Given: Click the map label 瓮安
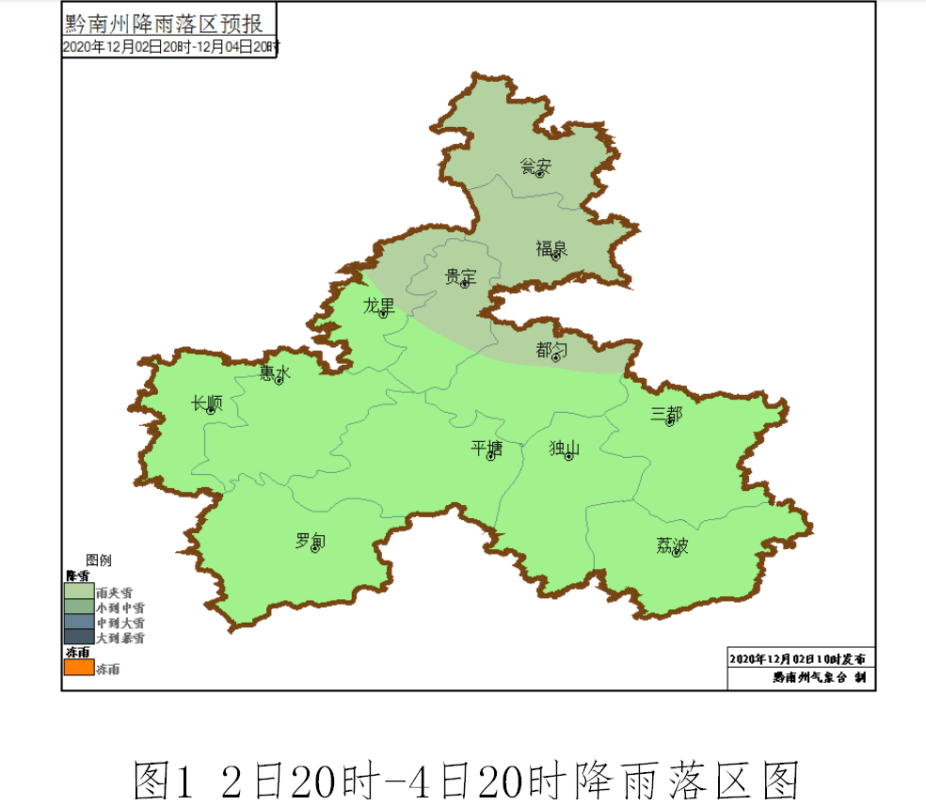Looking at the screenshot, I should [x=535, y=166].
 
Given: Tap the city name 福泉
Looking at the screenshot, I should [x=551, y=248].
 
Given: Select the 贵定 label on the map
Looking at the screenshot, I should [x=460, y=276].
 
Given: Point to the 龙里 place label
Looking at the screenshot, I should [x=379, y=306].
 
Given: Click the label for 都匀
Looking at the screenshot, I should [x=552, y=350].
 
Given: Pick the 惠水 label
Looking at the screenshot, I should [x=276, y=373].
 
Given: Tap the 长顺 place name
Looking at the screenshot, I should [x=207, y=403].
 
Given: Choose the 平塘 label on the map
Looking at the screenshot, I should [x=487, y=449].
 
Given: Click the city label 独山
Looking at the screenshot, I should [x=565, y=449].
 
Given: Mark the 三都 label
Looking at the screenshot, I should [x=666, y=414].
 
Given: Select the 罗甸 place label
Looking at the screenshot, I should [x=311, y=541].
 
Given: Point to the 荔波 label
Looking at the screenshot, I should [x=672, y=545].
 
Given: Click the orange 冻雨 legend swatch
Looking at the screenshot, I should [x=79, y=668].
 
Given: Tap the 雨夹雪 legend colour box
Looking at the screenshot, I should [x=79, y=592].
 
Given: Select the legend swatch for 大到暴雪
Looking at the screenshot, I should [x=79, y=638].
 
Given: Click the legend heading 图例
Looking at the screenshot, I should [x=99, y=560].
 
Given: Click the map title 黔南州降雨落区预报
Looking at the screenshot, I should [x=164, y=22].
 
